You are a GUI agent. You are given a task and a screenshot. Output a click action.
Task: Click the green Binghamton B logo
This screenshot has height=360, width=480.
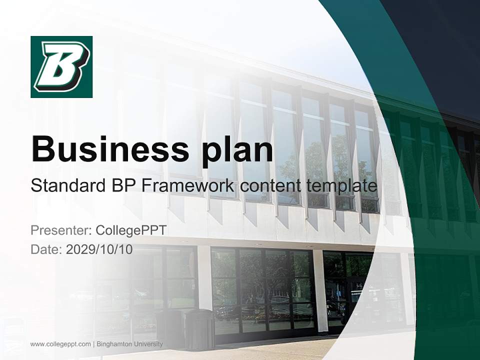tap(61, 66)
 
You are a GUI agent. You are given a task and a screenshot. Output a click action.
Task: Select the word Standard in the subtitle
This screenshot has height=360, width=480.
tap(67, 186)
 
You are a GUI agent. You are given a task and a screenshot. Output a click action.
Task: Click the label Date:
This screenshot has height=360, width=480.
tap(46, 249)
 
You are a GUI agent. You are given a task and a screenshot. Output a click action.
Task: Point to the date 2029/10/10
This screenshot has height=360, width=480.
tap(99, 249)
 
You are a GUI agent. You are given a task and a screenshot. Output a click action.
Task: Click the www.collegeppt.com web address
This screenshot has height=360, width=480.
tap(60, 344)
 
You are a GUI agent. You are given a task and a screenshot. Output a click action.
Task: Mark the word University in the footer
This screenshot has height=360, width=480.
tap(148, 344)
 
